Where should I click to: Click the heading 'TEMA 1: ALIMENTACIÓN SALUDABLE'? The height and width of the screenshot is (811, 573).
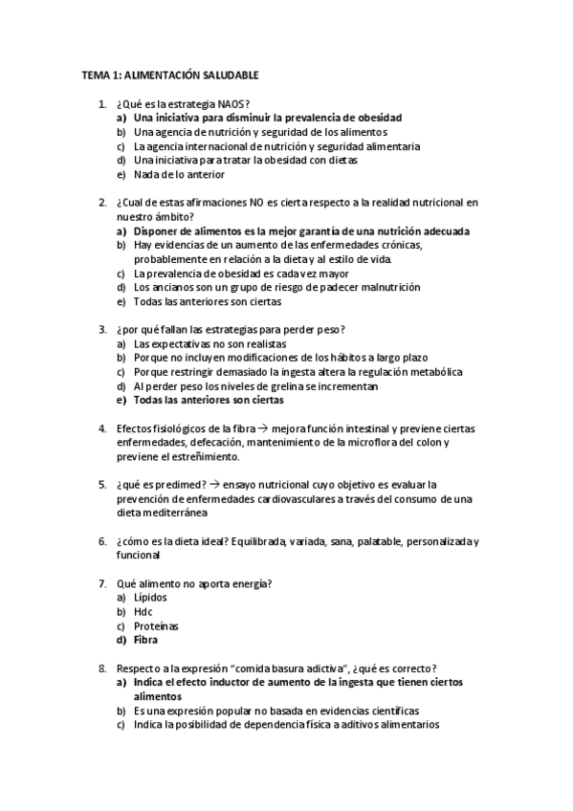[x=170, y=75]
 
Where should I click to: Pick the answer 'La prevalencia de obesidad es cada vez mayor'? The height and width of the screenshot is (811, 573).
[x=228, y=274]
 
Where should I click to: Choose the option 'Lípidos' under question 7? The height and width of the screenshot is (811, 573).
[x=150, y=597]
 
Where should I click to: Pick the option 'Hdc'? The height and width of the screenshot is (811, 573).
[x=143, y=611]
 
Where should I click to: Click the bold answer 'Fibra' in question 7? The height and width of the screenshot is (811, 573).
[x=147, y=640]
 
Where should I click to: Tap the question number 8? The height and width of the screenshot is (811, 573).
[x=102, y=668]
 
